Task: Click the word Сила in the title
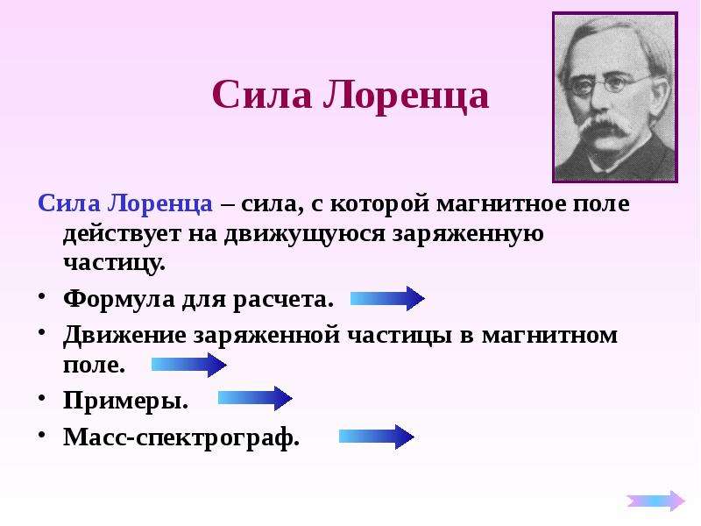[x=262, y=95]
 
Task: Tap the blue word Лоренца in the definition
[x=160, y=203]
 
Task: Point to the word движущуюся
[x=304, y=234]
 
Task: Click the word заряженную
[x=468, y=234]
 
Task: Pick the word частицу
[x=114, y=262]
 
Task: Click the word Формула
[x=119, y=299]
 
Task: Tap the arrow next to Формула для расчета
[x=387, y=298]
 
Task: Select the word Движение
[x=124, y=335]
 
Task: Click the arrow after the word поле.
[x=189, y=365]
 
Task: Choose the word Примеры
[x=125, y=401]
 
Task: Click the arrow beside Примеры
[x=255, y=398]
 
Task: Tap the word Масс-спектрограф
[x=181, y=437]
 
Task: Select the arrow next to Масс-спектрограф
[x=377, y=437]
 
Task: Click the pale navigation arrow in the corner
[x=655, y=501]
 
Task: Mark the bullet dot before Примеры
[x=42, y=397]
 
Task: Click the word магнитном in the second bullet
[x=549, y=335]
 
